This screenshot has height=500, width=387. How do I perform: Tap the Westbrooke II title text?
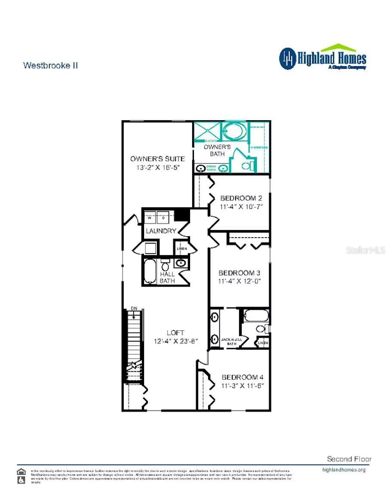(50, 66)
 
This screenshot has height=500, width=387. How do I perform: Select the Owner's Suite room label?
(158, 159)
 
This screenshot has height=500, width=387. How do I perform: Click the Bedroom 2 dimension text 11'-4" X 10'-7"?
(241, 207)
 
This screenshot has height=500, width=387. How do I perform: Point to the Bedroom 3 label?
(239, 273)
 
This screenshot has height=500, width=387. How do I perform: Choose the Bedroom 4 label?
(242, 377)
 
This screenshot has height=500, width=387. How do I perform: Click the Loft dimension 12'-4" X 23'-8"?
(175, 341)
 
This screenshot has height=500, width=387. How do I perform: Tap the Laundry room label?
(160, 231)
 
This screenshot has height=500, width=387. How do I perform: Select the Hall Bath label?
(167, 277)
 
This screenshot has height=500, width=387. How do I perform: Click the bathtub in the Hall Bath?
(150, 271)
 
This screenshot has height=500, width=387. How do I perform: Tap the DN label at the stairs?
(134, 308)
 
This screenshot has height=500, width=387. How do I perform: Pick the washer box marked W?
(150, 218)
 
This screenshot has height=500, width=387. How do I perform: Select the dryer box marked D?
(163, 218)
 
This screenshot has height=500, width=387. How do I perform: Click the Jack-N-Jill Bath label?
(232, 341)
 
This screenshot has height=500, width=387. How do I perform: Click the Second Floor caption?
(349, 459)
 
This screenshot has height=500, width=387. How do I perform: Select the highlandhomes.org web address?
(344, 470)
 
